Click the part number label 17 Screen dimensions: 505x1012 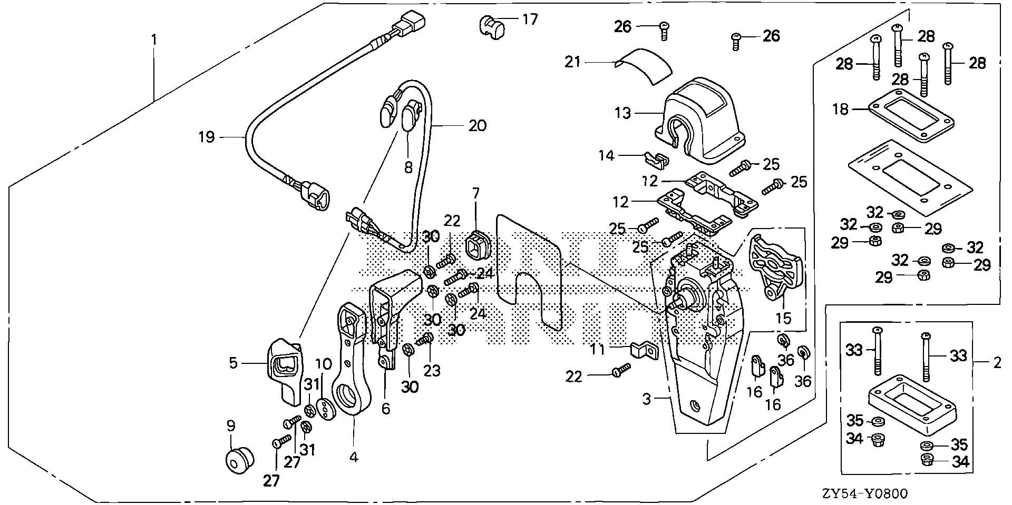(x=530, y=20)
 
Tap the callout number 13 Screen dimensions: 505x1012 (x=622, y=113)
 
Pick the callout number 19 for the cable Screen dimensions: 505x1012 (x=207, y=138)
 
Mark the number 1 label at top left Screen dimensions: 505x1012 (x=154, y=39)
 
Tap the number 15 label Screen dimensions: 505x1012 (x=783, y=319)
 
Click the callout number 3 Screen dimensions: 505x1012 (x=647, y=400)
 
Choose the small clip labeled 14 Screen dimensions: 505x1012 (x=654, y=157)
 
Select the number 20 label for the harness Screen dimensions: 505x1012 (x=478, y=125)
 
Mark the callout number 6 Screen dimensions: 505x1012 (x=386, y=408)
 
